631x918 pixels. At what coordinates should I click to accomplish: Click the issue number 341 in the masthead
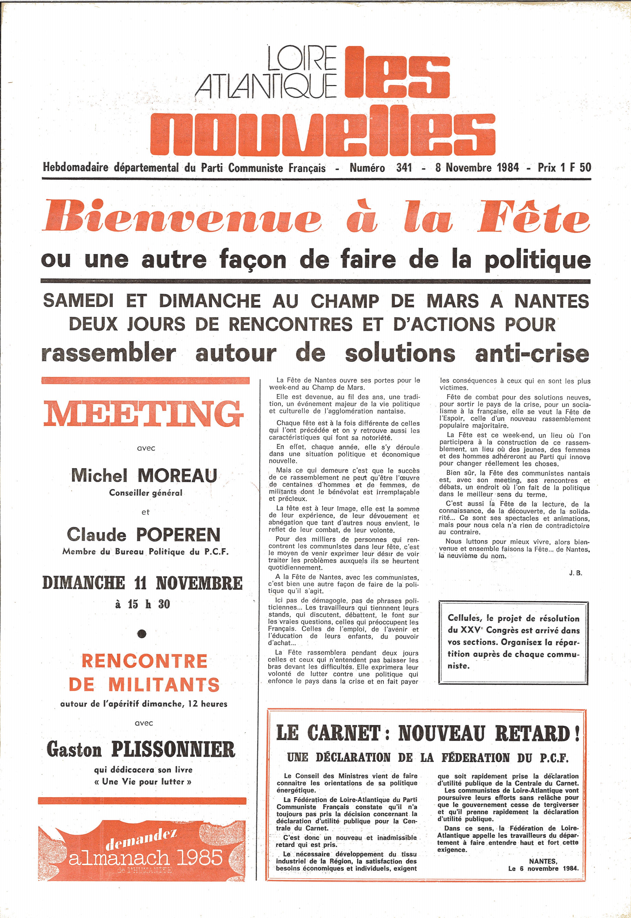click(404, 168)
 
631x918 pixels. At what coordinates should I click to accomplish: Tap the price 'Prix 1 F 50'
click(564, 167)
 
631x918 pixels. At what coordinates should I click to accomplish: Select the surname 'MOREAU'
click(178, 476)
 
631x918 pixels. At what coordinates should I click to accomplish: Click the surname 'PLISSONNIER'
click(173, 750)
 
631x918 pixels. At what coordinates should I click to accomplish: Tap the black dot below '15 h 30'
click(142, 634)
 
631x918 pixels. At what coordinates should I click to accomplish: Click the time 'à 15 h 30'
click(142, 604)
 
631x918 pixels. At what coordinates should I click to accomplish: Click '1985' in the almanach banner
click(199, 858)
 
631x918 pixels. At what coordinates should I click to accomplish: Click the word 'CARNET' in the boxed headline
click(344, 733)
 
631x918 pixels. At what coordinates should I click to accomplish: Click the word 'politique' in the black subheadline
click(537, 260)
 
